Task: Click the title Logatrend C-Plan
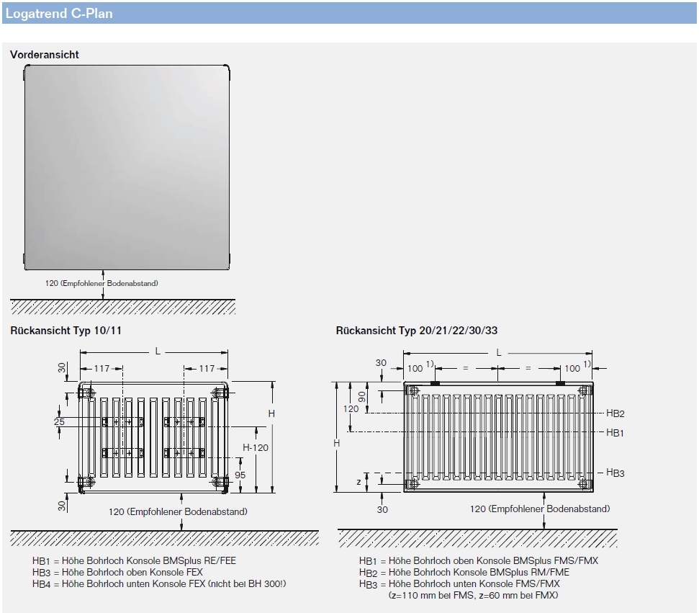58,13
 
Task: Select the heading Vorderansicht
45,55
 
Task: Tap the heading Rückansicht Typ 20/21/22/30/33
416,331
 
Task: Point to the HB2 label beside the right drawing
615,413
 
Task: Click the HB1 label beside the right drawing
615,432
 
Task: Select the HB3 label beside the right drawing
615,473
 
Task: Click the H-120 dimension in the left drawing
256,447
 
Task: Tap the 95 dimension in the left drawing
240,475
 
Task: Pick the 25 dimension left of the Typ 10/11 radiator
59,421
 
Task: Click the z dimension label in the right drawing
358,481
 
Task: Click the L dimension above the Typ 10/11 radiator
158,351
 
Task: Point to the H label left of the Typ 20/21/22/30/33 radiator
336,443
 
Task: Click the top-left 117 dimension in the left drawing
102,368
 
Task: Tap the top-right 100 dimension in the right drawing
572,368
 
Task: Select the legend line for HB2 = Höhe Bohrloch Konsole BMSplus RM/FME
464,572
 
